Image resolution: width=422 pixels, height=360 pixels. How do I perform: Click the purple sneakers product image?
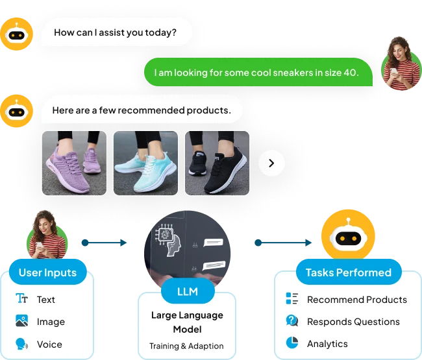74,163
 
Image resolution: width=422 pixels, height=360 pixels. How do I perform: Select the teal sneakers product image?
145,163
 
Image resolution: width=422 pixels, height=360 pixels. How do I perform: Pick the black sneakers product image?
217,163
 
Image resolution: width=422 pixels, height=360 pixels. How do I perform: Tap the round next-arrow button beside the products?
271,163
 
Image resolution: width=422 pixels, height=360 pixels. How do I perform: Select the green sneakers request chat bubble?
258,73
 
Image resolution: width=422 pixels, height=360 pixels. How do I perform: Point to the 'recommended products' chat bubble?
142,110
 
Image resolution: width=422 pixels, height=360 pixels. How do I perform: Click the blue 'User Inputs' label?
47,272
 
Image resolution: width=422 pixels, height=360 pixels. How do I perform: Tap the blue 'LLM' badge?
187,292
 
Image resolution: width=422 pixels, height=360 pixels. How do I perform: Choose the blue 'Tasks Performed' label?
349,272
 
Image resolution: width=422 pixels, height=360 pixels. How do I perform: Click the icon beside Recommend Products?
292,299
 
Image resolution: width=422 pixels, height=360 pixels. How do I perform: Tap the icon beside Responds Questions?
292,321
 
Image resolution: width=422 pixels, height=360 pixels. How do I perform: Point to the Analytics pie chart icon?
292,343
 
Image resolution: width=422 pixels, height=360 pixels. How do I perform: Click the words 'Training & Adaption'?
186,346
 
